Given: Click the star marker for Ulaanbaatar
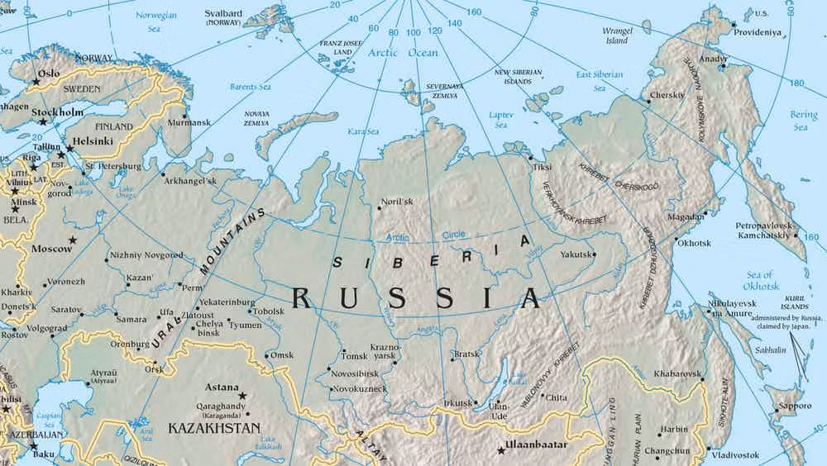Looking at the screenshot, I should click(500, 451).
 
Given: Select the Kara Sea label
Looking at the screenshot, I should click(362, 132).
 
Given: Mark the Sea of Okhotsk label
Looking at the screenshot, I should click(759, 280).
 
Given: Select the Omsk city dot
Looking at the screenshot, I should click(265, 355).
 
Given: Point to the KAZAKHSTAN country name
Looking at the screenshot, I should click(213, 428).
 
